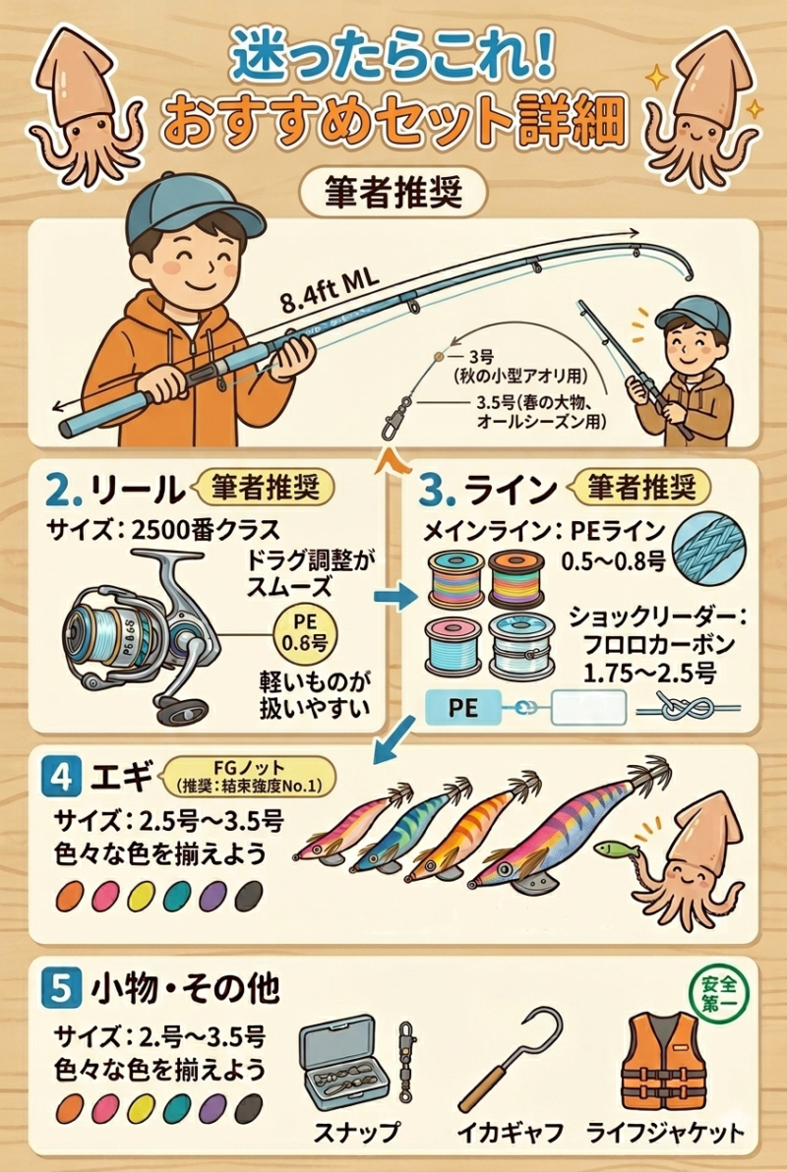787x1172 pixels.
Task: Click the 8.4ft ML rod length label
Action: [331, 289]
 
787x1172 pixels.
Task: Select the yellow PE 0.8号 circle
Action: [305, 632]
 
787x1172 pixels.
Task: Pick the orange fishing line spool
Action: [516, 578]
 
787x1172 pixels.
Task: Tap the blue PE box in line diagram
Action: [462, 708]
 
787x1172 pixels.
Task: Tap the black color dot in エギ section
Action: [249, 896]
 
